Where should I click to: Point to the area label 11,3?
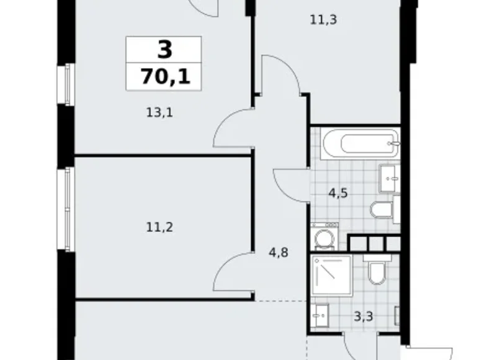click(323, 19)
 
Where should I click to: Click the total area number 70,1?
click(164, 78)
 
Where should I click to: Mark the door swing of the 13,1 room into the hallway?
click(233, 127)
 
